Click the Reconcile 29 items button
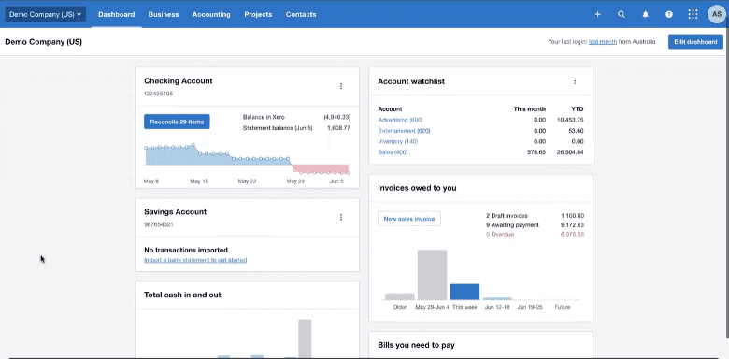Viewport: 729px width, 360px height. pyautogui.click(x=177, y=122)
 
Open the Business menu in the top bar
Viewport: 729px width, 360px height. pyautogui.click(x=164, y=15)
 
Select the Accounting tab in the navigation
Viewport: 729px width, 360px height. pyautogui.click(x=211, y=15)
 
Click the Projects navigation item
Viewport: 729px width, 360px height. pyautogui.click(x=258, y=15)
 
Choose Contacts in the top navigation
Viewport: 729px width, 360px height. pyautogui.click(x=301, y=15)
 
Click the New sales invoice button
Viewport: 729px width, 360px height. pyautogui.click(x=408, y=218)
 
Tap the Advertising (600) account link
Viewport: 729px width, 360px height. pyautogui.click(x=400, y=120)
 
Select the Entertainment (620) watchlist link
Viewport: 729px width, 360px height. pyautogui.click(x=404, y=131)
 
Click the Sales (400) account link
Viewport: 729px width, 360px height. pyautogui.click(x=393, y=151)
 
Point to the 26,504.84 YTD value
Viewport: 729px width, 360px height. pyautogui.click(x=567, y=151)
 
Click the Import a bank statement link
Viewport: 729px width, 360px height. pyautogui.click(x=195, y=260)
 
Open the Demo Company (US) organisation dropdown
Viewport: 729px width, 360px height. pyautogui.click(x=46, y=15)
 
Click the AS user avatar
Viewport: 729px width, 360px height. pyautogui.click(x=716, y=15)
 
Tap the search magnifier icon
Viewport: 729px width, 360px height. pyautogui.click(x=622, y=15)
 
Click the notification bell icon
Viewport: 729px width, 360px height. pyautogui.click(x=645, y=15)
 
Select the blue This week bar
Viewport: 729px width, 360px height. pyautogui.click(x=465, y=291)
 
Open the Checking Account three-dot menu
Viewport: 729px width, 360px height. pyautogui.click(x=341, y=86)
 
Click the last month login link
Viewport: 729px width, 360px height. pyautogui.click(x=602, y=42)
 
